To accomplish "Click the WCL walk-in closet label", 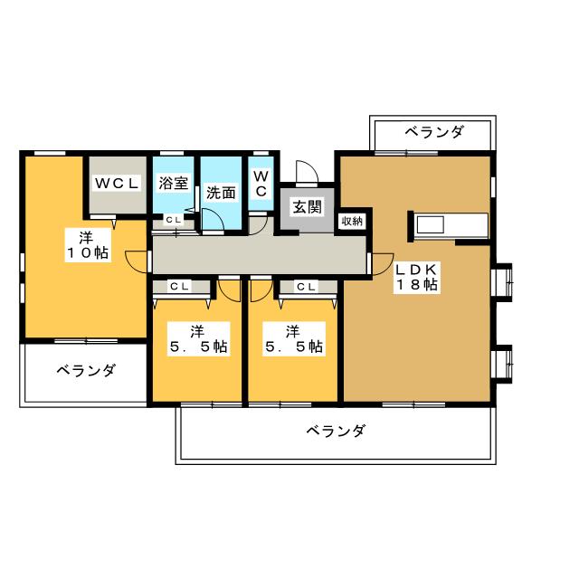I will (x=118, y=183).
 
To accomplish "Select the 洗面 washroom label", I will (x=221, y=192).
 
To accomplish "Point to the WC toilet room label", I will (x=260, y=184).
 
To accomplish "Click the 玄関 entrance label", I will (x=306, y=207).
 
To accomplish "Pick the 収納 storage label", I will (x=352, y=222).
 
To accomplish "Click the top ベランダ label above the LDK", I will (x=433, y=132).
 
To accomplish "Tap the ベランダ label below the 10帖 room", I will (x=85, y=370).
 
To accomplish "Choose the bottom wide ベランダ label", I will (x=335, y=432).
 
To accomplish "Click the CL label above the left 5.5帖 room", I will (x=179, y=287).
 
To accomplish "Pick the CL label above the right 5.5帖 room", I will (x=306, y=287).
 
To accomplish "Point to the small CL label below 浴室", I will (x=173, y=220).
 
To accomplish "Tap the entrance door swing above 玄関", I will (x=306, y=171).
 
